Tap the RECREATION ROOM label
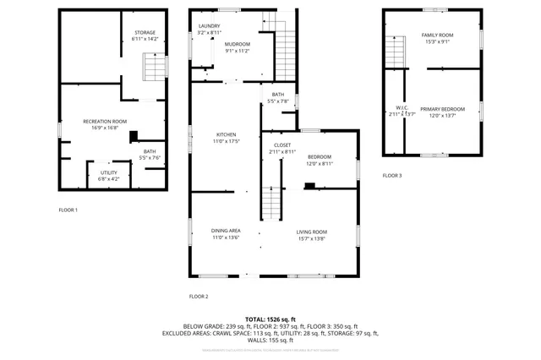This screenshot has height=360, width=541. click(105, 122)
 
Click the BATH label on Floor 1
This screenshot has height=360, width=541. click(149, 151)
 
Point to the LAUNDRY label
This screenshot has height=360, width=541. click(209, 26)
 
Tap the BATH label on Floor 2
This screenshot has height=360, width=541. click(278, 95)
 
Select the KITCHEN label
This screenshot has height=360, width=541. click(226, 135)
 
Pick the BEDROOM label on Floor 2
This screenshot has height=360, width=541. click(319, 156)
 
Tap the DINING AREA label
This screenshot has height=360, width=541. click(226, 231)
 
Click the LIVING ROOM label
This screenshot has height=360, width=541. click(311, 231)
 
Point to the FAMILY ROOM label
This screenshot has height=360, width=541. click(437, 35)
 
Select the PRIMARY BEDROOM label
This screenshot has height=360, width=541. click(443, 109)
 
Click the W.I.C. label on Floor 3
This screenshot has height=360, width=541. click(402, 107)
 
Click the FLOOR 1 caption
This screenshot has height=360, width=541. click(68, 210)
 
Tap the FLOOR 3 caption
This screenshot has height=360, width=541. click(391, 175)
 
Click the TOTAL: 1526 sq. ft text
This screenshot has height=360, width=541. click(270, 318)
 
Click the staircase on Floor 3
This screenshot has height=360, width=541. click(393, 52)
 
